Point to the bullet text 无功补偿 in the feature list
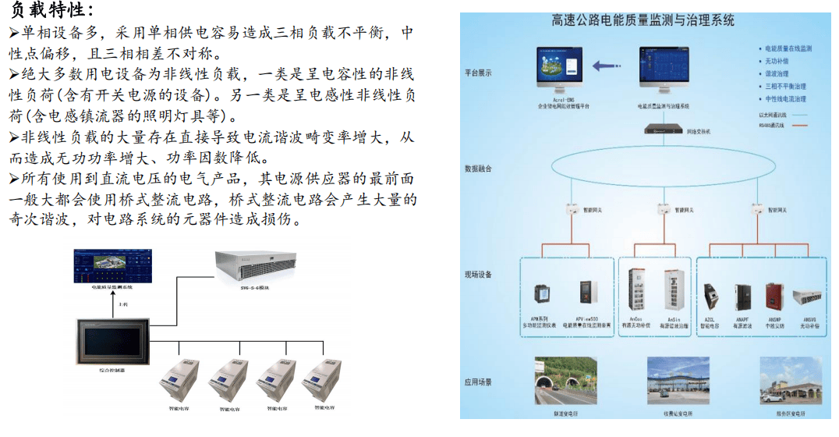pos(777,61)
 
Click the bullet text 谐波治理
pos(777,73)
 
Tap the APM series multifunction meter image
pos(540,296)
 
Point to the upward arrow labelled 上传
pos(114,307)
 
